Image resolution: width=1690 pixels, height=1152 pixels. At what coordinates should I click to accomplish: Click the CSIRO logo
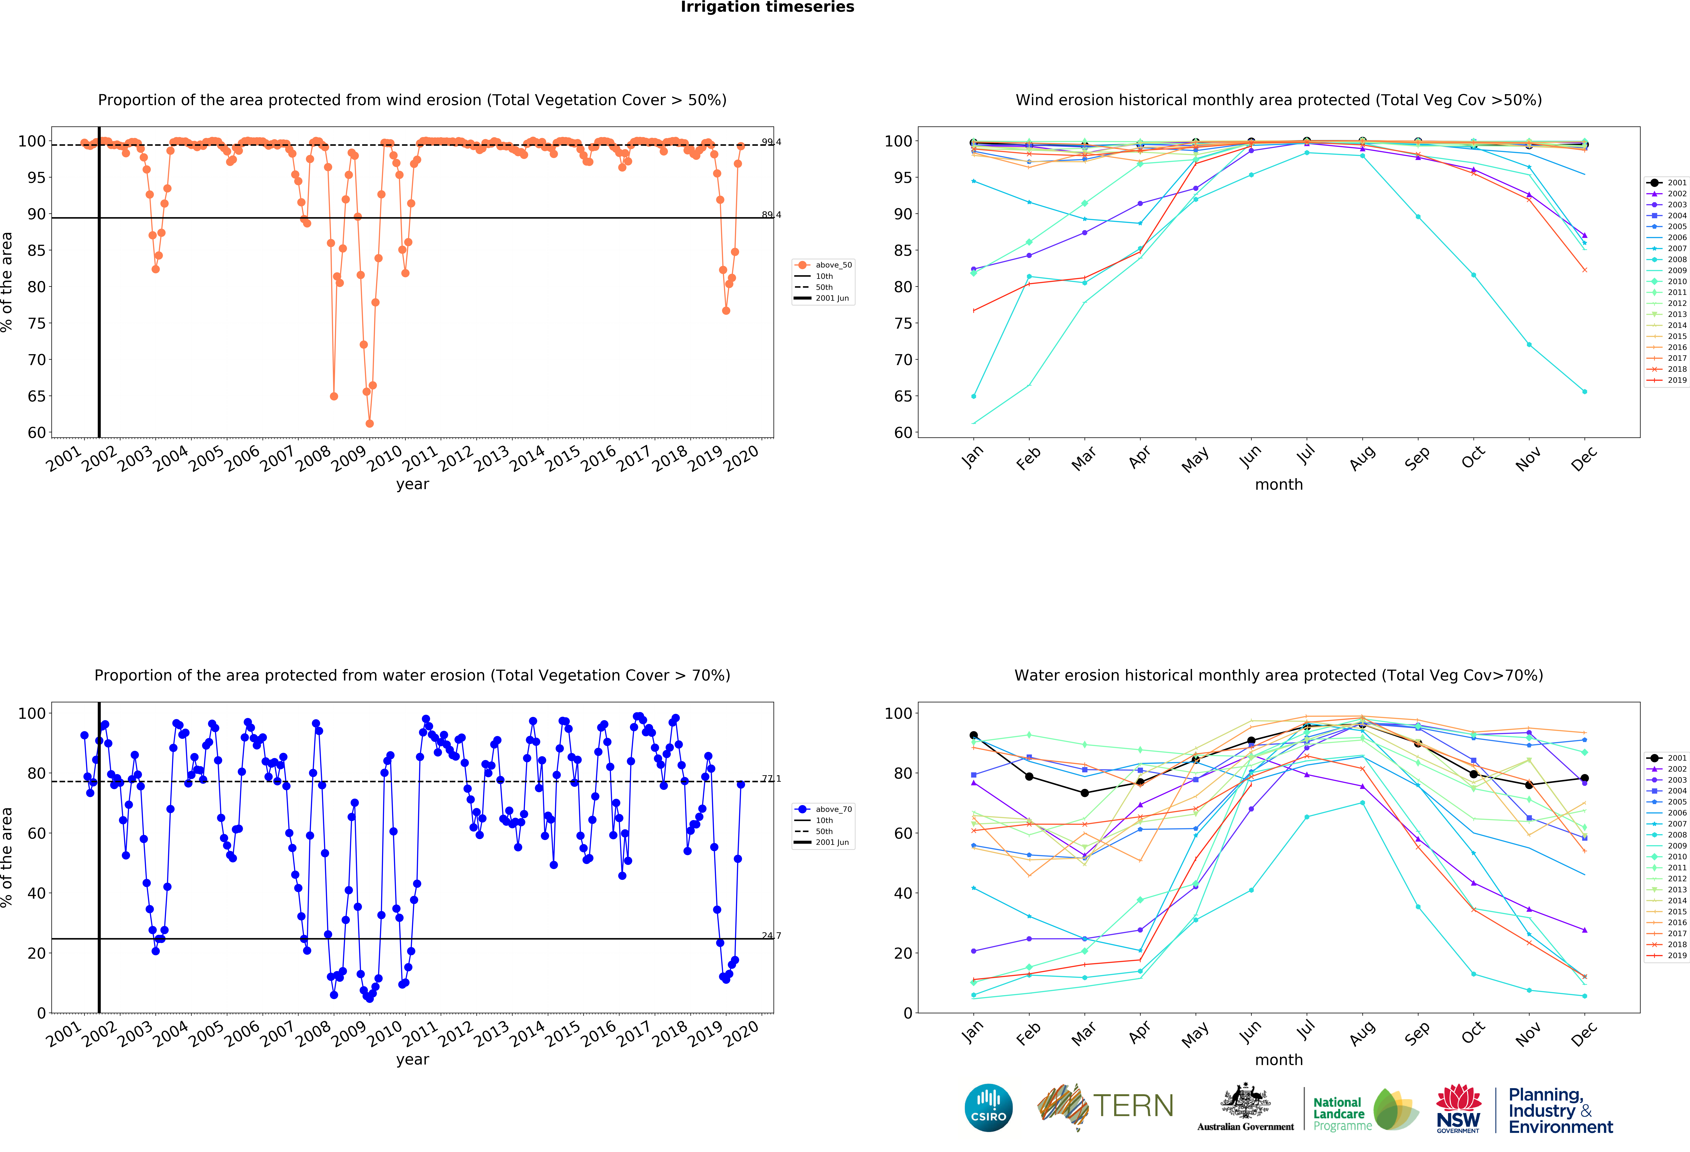pyautogui.click(x=988, y=1108)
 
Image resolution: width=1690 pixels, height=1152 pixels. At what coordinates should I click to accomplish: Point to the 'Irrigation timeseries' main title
pyautogui.click(x=767, y=7)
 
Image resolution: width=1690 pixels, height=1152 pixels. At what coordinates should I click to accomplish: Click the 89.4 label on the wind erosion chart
pyautogui.click(x=771, y=214)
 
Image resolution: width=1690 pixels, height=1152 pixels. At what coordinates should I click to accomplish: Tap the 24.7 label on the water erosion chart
pyautogui.click(x=771, y=935)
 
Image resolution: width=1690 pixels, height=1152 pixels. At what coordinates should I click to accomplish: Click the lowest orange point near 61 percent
pyautogui.click(x=369, y=423)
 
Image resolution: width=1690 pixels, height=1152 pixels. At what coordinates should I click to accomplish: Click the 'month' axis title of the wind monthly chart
pyautogui.click(x=1278, y=484)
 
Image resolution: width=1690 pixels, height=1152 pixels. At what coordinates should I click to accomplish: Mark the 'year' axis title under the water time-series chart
pyautogui.click(x=412, y=1060)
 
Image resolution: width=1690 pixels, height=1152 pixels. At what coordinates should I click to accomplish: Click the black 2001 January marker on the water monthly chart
pyautogui.click(x=974, y=735)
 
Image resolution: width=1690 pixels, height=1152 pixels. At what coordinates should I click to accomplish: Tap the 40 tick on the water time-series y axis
pyautogui.click(x=36, y=893)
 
